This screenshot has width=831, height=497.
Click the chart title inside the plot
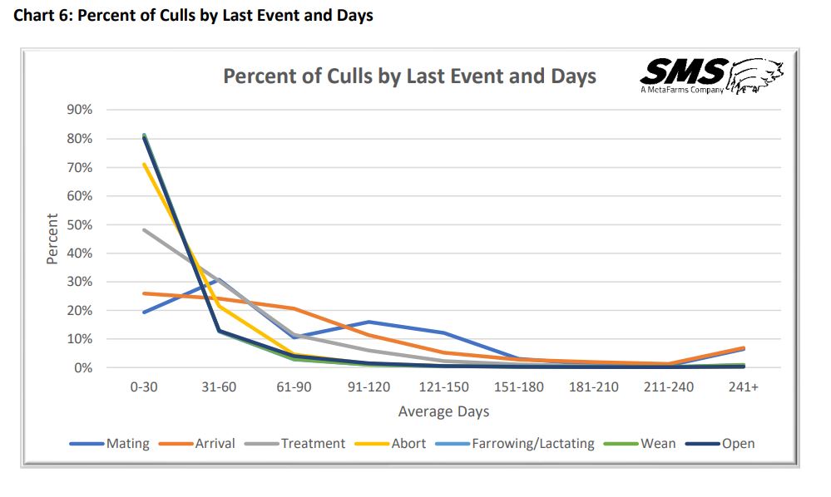pyautogui.click(x=409, y=76)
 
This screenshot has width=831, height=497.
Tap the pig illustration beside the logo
pyautogui.click(x=756, y=76)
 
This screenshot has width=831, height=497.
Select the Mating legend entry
pyautogui.click(x=127, y=443)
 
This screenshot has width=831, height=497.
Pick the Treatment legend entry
pyautogui.click(x=312, y=443)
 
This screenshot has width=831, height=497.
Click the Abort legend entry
pyautogui.click(x=408, y=443)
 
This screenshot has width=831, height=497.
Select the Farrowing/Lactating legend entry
pyautogui.click(x=532, y=443)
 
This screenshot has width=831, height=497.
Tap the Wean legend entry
pyautogui.click(x=657, y=443)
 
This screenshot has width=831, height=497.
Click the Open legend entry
pyautogui.click(x=738, y=443)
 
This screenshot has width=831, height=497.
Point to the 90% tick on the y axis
pyautogui.click(x=80, y=110)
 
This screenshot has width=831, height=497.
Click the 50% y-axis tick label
pyautogui.click(x=80, y=224)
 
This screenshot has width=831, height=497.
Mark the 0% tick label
pyautogui.click(x=83, y=367)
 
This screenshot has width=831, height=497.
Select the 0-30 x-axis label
pyautogui.click(x=144, y=388)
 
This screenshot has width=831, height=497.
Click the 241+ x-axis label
pyautogui.click(x=743, y=388)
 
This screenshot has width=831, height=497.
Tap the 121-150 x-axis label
pyautogui.click(x=443, y=388)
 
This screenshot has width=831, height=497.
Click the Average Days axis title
pyautogui.click(x=443, y=411)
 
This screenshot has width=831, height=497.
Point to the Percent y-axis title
pyautogui.click(x=52, y=239)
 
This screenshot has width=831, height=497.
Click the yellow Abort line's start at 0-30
pyautogui.click(x=144, y=164)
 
